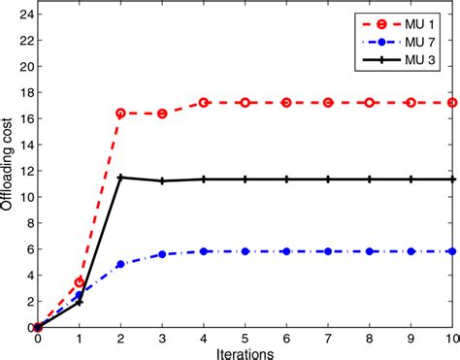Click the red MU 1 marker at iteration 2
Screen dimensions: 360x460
(120, 114)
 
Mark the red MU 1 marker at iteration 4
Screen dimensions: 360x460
(204, 102)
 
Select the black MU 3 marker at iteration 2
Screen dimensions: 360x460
(120, 178)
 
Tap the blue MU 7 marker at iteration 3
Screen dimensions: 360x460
(162, 254)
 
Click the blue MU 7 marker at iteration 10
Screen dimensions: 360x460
(452, 251)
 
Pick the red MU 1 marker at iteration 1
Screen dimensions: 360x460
(80, 282)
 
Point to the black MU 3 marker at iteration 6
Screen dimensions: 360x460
(287, 179)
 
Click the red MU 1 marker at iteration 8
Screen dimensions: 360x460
(370, 102)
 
